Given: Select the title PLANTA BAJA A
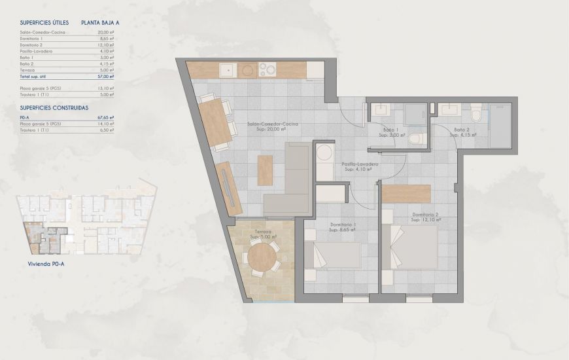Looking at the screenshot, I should pyautogui.click(x=100, y=22).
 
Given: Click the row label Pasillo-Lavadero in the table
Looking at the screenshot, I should pyautogui.click(x=37, y=51).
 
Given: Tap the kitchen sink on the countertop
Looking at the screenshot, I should pyautogui.click(x=228, y=69).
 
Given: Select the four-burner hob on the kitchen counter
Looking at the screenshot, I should pyautogui.click(x=268, y=68).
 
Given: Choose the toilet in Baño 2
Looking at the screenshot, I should pyautogui.click(x=476, y=117).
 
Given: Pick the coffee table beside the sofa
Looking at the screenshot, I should pyautogui.click(x=265, y=170).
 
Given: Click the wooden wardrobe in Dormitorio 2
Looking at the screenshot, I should pyautogui.click(x=406, y=193).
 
